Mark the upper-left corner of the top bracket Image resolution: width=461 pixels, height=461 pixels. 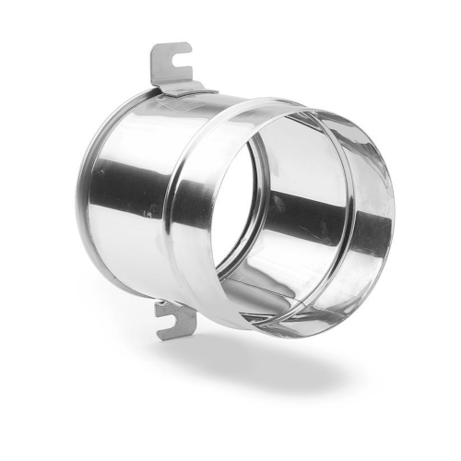click(x=153, y=45)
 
